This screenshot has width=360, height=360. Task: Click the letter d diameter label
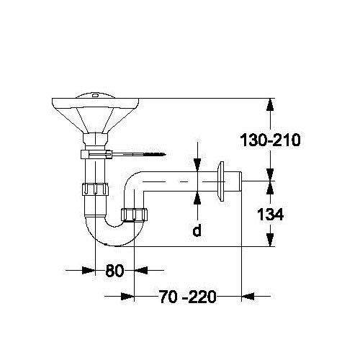tap(197, 232)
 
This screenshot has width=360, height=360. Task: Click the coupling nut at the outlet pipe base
tap(134, 214)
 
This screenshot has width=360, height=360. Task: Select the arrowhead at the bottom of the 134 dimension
tap(270, 240)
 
